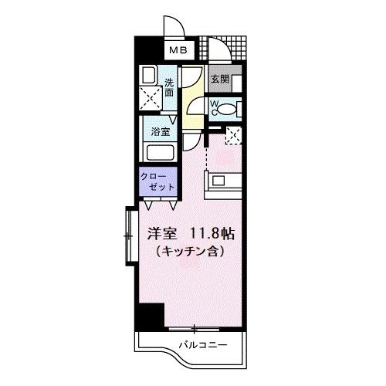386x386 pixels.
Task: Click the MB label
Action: [179, 51]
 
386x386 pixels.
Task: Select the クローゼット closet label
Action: [157, 181]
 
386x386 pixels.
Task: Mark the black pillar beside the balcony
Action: [151, 316]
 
